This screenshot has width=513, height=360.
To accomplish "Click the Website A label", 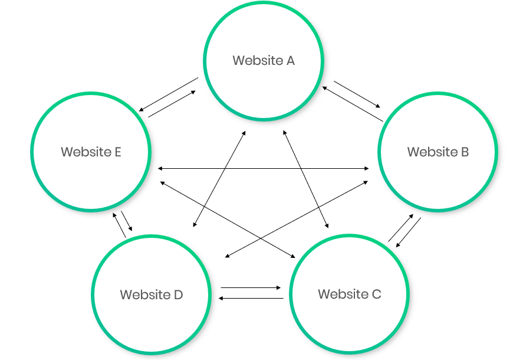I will tap(264, 60).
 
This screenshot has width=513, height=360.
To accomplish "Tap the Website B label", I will tap(438, 152).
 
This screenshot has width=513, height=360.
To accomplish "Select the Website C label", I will tap(350, 294).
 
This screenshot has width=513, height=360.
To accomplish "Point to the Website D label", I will tap(152, 294).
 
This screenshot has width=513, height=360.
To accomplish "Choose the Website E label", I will tap(91, 152).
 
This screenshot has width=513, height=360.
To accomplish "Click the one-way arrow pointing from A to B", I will tap(358, 94).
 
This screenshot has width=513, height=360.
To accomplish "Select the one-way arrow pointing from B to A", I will tap(352, 104).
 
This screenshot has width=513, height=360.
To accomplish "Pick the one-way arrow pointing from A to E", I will tap(168, 94).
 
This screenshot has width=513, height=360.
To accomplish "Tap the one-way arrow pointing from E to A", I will tap(172, 104).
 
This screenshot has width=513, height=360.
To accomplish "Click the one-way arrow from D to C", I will tap(251, 287).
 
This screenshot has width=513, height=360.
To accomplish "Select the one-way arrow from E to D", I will tap(127, 221).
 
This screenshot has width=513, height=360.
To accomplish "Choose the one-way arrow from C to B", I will tap(400, 228).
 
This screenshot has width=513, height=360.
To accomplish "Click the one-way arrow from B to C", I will tap(408, 232).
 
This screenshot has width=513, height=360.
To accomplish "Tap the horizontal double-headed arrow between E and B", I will tap(264, 168).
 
